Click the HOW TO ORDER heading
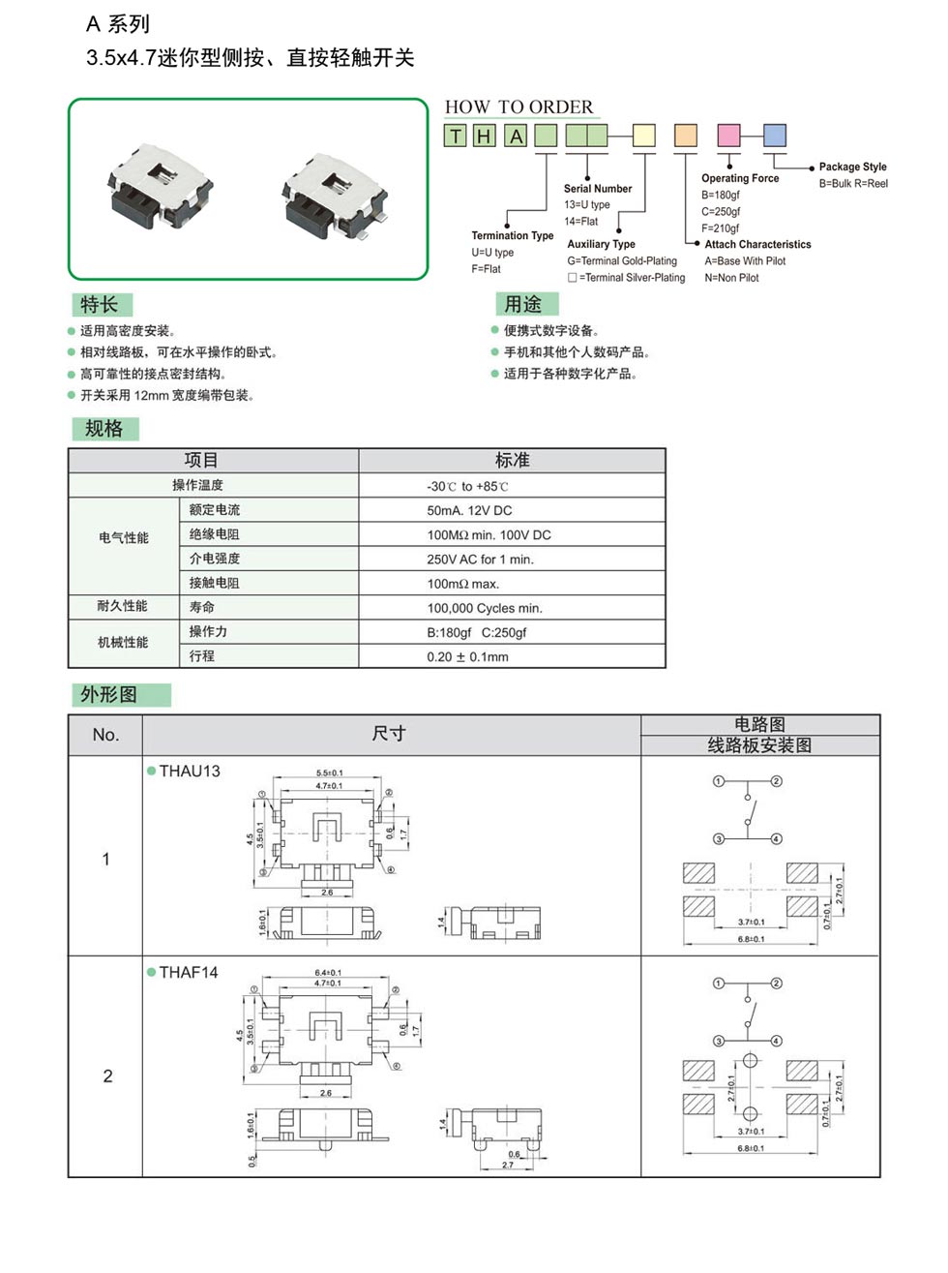click(x=518, y=106)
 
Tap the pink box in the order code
click(x=728, y=136)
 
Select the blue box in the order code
click(x=775, y=136)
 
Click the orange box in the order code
click(x=685, y=136)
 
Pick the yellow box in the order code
click(x=644, y=136)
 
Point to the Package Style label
click(x=852, y=167)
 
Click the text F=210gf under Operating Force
click(x=721, y=228)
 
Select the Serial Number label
click(x=598, y=189)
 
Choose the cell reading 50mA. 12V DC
click(x=469, y=510)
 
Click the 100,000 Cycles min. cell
click(x=485, y=608)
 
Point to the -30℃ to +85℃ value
click(x=467, y=486)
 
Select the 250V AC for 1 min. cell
click(x=480, y=560)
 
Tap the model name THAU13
click(x=190, y=772)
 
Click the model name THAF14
click(x=189, y=973)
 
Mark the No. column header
click(x=105, y=735)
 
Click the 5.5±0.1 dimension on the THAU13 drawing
click(x=329, y=773)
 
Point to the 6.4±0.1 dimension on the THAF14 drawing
click(x=328, y=973)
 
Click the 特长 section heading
click(x=99, y=305)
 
